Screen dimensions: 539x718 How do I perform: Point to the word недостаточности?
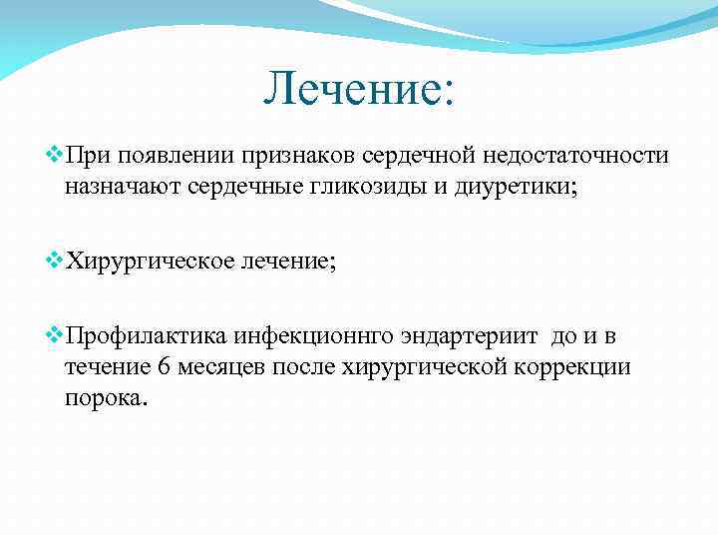pos(576,159)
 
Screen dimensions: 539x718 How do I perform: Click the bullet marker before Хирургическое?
pos(55,262)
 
